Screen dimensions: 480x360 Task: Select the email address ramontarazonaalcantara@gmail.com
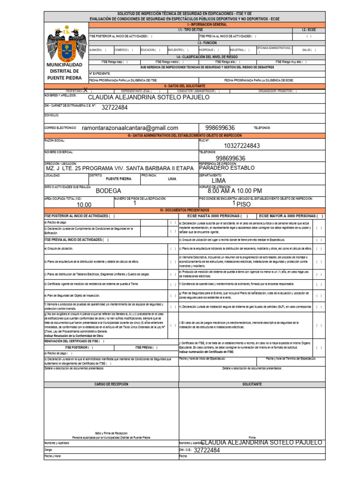[x=130, y=128]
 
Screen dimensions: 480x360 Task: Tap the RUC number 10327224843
[x=241, y=146]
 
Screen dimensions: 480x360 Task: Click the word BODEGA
[x=108, y=191]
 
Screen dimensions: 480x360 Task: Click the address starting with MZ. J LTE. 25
[x=119, y=168]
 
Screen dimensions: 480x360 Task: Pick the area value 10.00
[x=84, y=205]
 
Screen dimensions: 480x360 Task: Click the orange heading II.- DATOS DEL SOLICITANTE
[x=184, y=86]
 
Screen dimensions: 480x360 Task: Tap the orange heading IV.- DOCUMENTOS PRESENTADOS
[x=184, y=210]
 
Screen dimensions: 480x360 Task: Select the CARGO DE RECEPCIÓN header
[x=111, y=384]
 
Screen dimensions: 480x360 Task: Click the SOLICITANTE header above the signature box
[x=252, y=384]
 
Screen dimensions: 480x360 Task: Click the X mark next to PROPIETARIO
[x=85, y=90]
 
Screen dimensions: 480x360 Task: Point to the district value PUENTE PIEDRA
[x=119, y=179]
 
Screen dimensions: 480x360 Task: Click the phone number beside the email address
[x=220, y=128]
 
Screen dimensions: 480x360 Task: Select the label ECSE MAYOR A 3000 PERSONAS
[x=291, y=216]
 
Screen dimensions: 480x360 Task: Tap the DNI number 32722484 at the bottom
[x=206, y=450]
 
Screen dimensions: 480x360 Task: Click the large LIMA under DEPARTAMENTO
[x=218, y=180]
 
